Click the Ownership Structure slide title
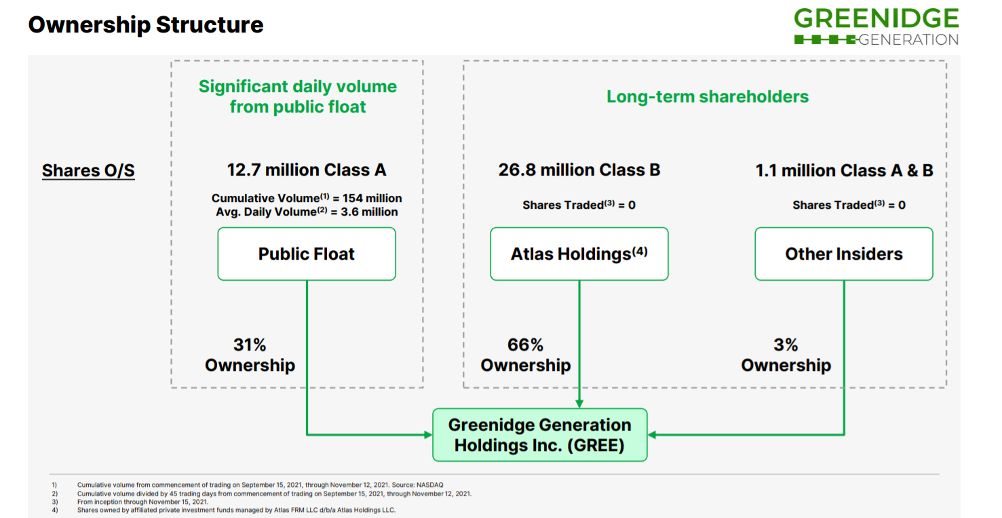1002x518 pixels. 146,25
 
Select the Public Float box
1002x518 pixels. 307,254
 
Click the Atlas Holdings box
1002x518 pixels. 579,254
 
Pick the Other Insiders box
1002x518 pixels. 844,254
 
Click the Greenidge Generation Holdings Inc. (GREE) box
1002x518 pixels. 540,435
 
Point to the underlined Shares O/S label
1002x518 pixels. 89,171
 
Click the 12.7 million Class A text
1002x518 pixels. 307,170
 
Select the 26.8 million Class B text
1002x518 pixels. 579,170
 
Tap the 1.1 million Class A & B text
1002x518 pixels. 844,170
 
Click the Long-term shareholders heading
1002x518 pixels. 708,96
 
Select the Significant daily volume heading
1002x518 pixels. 298,96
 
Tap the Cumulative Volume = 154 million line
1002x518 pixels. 307,198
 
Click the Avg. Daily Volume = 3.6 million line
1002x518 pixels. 307,212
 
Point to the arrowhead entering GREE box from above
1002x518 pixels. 579,404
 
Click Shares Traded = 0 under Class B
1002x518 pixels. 579,205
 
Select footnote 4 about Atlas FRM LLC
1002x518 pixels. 224,510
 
